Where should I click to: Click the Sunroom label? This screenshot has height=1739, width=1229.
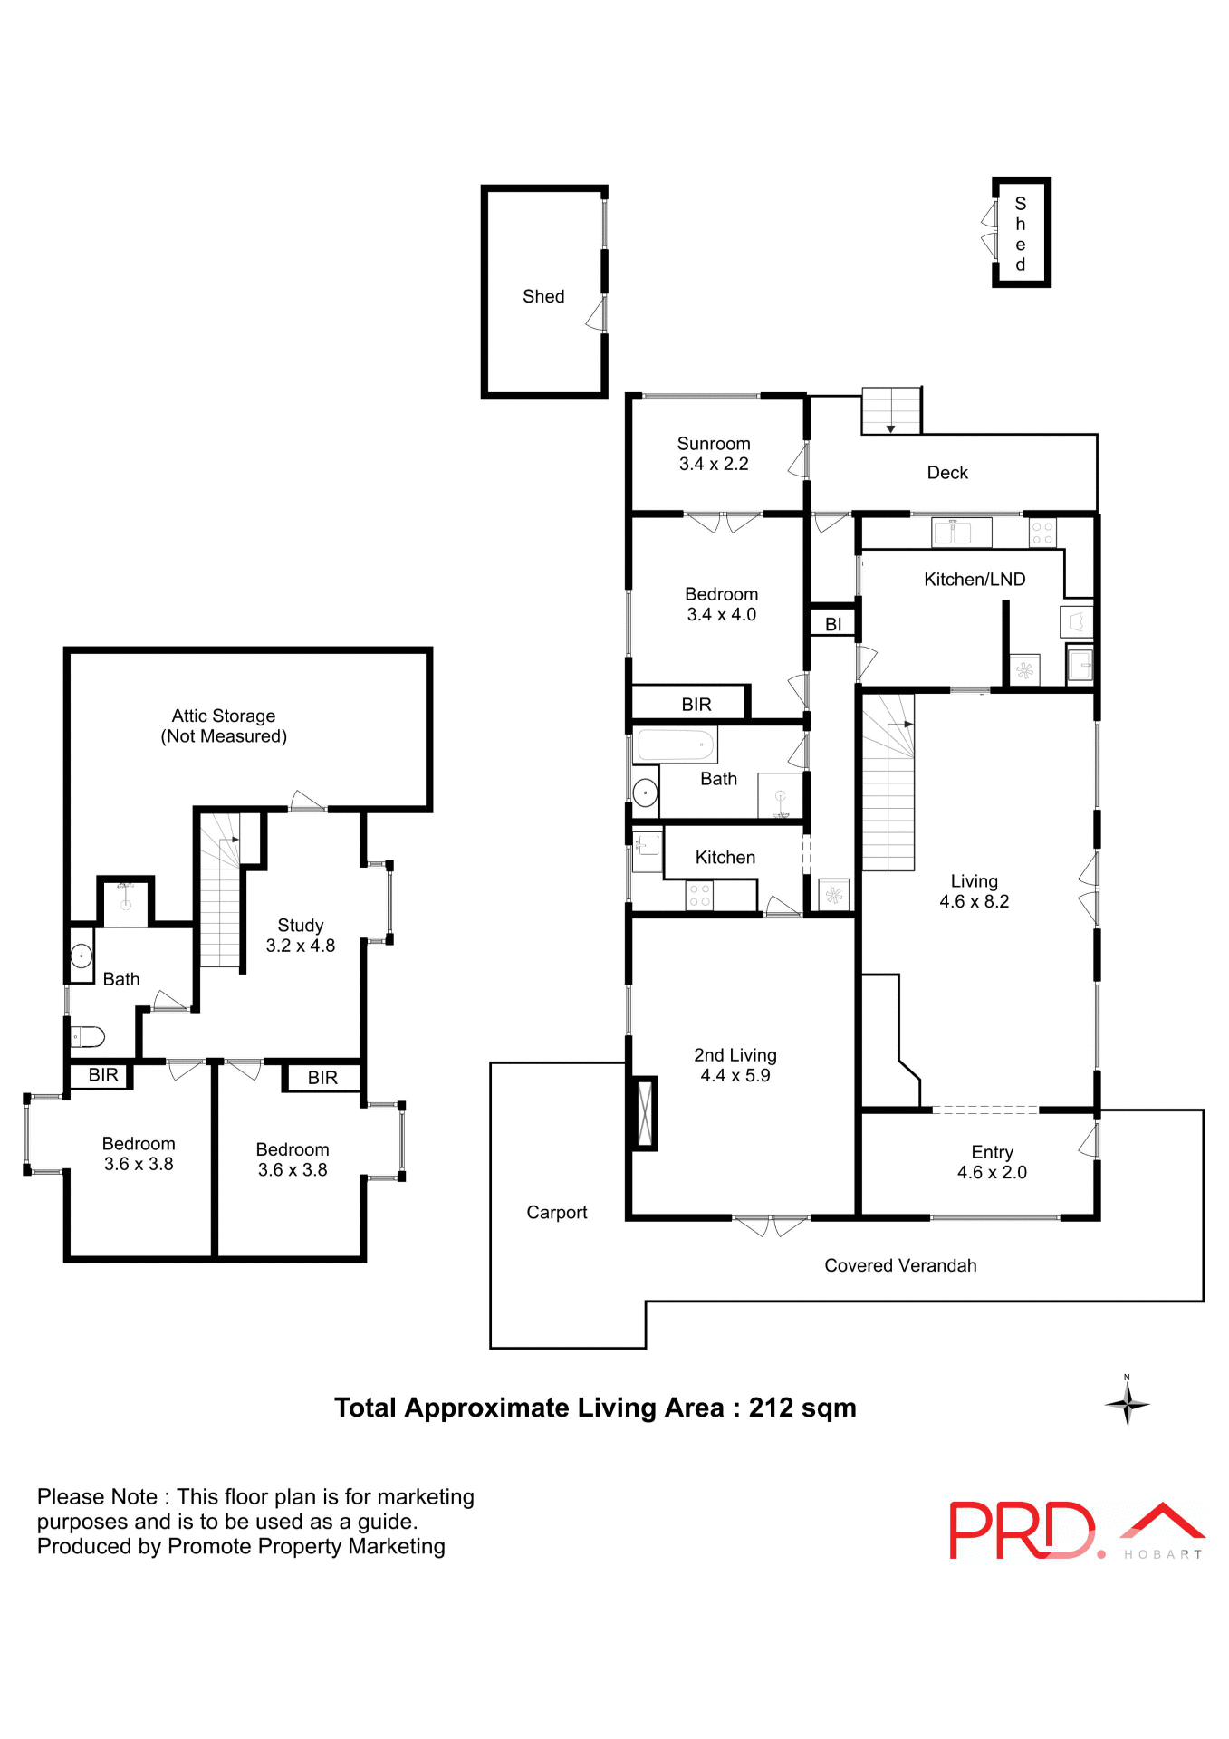pos(713,444)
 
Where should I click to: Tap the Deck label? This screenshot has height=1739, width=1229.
pos(946,473)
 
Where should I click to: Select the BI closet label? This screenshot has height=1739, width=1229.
pos(832,624)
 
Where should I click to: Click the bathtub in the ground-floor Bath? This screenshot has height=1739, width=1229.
pos(676,745)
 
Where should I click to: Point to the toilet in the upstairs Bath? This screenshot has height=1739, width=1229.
pos(89,1036)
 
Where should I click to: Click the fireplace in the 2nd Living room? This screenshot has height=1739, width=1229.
pos(644,1113)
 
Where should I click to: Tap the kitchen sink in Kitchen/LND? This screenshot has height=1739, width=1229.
pos(961,532)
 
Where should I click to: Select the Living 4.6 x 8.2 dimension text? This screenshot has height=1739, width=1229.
pos(974,901)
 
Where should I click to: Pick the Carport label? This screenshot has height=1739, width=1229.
pos(556,1212)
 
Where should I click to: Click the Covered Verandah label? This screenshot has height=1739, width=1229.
pos(899,1265)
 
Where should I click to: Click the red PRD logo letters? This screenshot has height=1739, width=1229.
pos(1020,1531)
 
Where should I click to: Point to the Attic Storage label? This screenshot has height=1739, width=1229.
pos(223,716)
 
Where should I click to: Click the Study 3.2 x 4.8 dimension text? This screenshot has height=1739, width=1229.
pos(300,946)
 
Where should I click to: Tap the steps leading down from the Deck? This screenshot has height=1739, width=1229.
pos(890,411)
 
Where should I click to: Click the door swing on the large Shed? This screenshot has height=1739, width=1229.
pos(596,314)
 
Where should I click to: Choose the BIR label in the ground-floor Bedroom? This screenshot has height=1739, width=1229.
pos(696,704)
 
